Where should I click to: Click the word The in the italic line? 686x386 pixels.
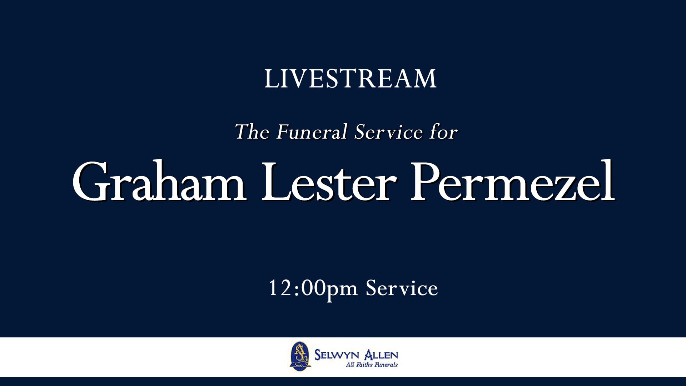point(252,132)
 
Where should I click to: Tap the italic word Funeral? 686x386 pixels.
point(312,132)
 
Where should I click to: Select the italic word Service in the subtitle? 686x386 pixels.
point(389,132)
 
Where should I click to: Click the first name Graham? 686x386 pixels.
point(159,182)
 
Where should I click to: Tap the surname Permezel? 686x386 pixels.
point(513,182)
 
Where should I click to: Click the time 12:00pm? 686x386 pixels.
point(313,288)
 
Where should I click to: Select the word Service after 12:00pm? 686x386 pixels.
point(402,288)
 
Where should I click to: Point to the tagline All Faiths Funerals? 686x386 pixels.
point(372,365)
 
